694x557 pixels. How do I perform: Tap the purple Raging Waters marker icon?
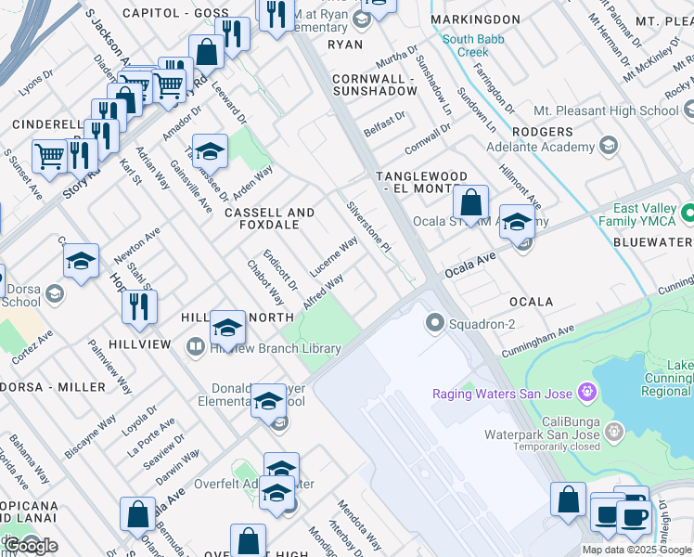click(585, 393)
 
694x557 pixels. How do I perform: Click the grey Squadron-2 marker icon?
click(433, 323)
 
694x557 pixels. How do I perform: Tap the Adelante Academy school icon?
click(609, 146)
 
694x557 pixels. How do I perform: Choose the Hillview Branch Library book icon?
click(196, 348)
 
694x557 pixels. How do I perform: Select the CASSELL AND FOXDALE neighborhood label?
click(269, 219)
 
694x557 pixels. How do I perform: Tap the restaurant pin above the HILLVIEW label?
click(139, 309)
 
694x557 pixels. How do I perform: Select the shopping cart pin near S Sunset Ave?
click(49, 157)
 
